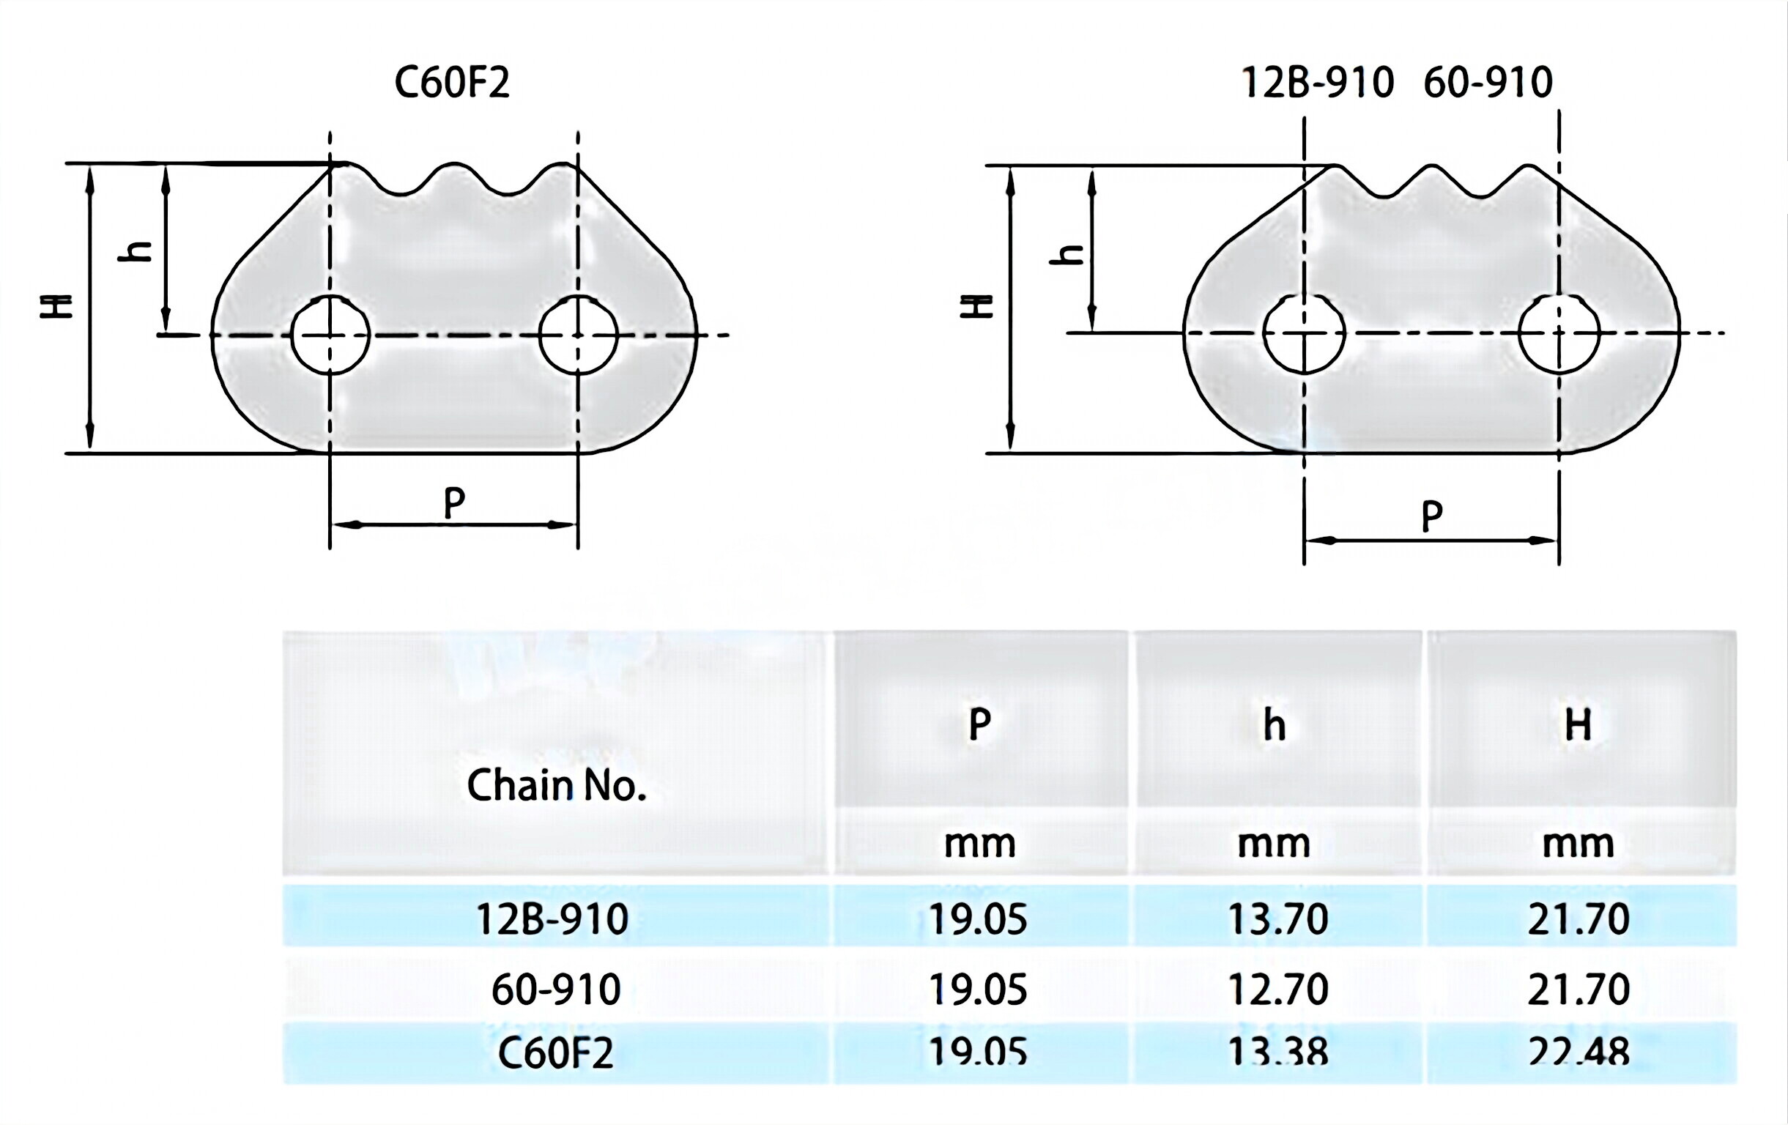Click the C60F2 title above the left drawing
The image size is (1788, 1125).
coord(451,83)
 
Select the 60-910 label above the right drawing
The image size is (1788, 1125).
coord(1487,83)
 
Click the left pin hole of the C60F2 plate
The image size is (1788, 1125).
coord(330,335)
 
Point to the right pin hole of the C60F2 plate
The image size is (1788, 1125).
coord(578,335)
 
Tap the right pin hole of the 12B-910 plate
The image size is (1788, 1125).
coord(1559,333)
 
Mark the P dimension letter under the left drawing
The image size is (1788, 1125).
coord(453,503)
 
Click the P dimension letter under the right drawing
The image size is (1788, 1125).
coord(1431,516)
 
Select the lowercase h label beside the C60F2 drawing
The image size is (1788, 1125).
coord(136,252)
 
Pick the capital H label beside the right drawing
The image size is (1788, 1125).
coord(976,305)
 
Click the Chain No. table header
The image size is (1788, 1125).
coord(555,786)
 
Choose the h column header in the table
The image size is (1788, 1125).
coord(1275,725)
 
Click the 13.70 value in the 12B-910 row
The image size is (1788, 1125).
coord(1277,919)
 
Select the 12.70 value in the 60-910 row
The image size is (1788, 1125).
coord(1277,989)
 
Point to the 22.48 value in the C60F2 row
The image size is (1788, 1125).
coord(1578,1052)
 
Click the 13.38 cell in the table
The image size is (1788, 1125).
coord(1277,1052)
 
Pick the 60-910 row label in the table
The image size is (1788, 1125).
coord(555,989)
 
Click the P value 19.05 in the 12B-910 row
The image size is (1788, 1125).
coord(978,919)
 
